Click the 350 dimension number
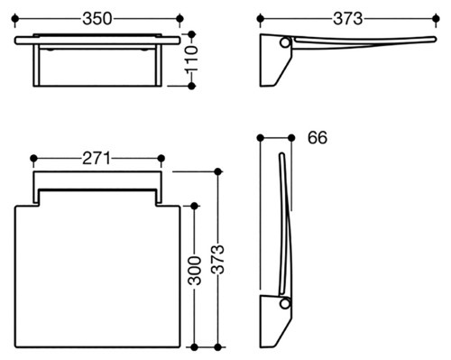pos(97,19)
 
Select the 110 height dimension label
pos(191,59)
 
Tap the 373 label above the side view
pos(348,19)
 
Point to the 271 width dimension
pos(97,158)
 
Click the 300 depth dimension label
pos(195,271)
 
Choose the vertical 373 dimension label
pos(218,259)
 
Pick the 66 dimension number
pos(318,138)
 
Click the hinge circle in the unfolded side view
pos(284,42)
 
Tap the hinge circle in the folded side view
pos(284,303)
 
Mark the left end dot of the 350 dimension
pos(14,19)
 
